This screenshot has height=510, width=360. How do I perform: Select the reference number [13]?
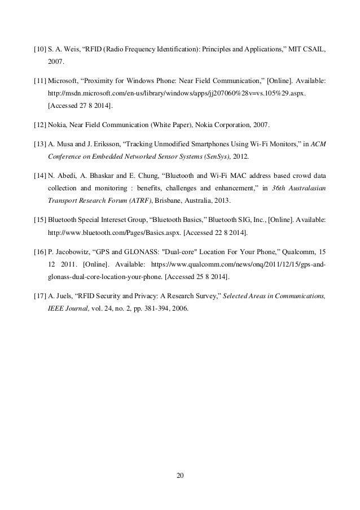pos(41,146)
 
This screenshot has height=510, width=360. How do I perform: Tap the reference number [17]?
pos(41,296)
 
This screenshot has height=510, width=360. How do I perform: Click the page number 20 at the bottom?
pos(180,474)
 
